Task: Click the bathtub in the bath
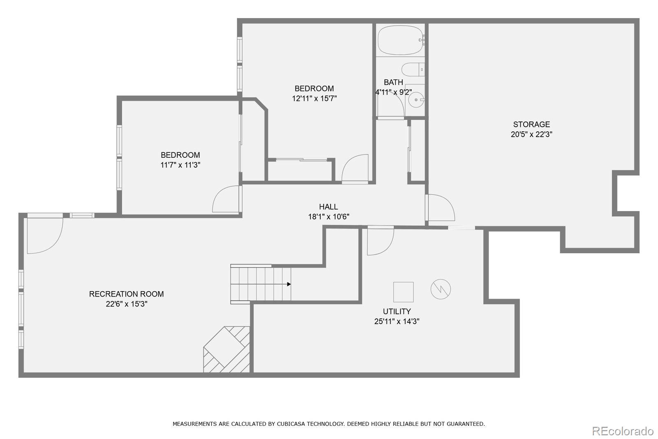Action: tap(401, 40)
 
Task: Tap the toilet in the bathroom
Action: tap(413, 70)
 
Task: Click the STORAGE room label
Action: tap(531, 124)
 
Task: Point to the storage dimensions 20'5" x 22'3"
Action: tap(531, 134)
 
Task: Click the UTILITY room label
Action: tap(396, 311)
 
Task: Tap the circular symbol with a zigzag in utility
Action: tap(440, 289)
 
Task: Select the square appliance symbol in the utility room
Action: tap(403, 292)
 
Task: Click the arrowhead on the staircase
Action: tap(289, 284)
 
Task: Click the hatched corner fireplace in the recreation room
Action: tap(227, 350)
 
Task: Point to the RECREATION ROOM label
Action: tap(126, 294)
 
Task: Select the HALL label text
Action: tap(329, 207)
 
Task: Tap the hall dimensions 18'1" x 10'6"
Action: tap(329, 217)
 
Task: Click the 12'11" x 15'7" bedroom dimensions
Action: tap(314, 98)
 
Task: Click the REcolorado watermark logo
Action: tap(623, 431)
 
